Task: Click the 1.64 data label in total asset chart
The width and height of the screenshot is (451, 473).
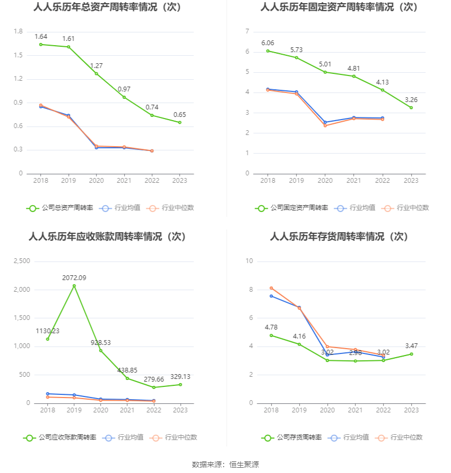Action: point(41,37)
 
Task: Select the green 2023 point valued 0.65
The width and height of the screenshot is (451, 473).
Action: point(180,122)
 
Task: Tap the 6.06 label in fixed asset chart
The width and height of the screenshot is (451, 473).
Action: point(267,43)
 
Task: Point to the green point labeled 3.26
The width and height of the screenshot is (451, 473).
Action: point(411,108)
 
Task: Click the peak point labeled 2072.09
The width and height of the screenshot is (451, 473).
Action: point(74,286)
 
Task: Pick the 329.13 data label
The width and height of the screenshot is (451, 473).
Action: point(180,376)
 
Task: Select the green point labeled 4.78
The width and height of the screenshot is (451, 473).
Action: point(271,335)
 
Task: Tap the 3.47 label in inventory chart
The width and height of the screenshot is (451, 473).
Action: point(411,345)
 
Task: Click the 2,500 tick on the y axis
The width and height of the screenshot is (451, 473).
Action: point(22,261)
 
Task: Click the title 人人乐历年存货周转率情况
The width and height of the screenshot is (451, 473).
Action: point(339,237)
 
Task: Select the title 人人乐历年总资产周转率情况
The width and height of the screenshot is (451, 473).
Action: point(107,7)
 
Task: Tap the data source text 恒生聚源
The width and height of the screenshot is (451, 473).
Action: point(244,464)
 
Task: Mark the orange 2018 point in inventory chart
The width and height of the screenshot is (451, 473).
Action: point(271,288)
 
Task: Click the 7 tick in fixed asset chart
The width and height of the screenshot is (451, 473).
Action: point(247,32)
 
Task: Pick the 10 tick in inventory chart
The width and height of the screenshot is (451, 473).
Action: point(249,261)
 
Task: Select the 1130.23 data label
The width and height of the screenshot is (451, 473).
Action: point(48,331)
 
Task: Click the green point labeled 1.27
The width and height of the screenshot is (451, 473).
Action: point(97,73)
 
